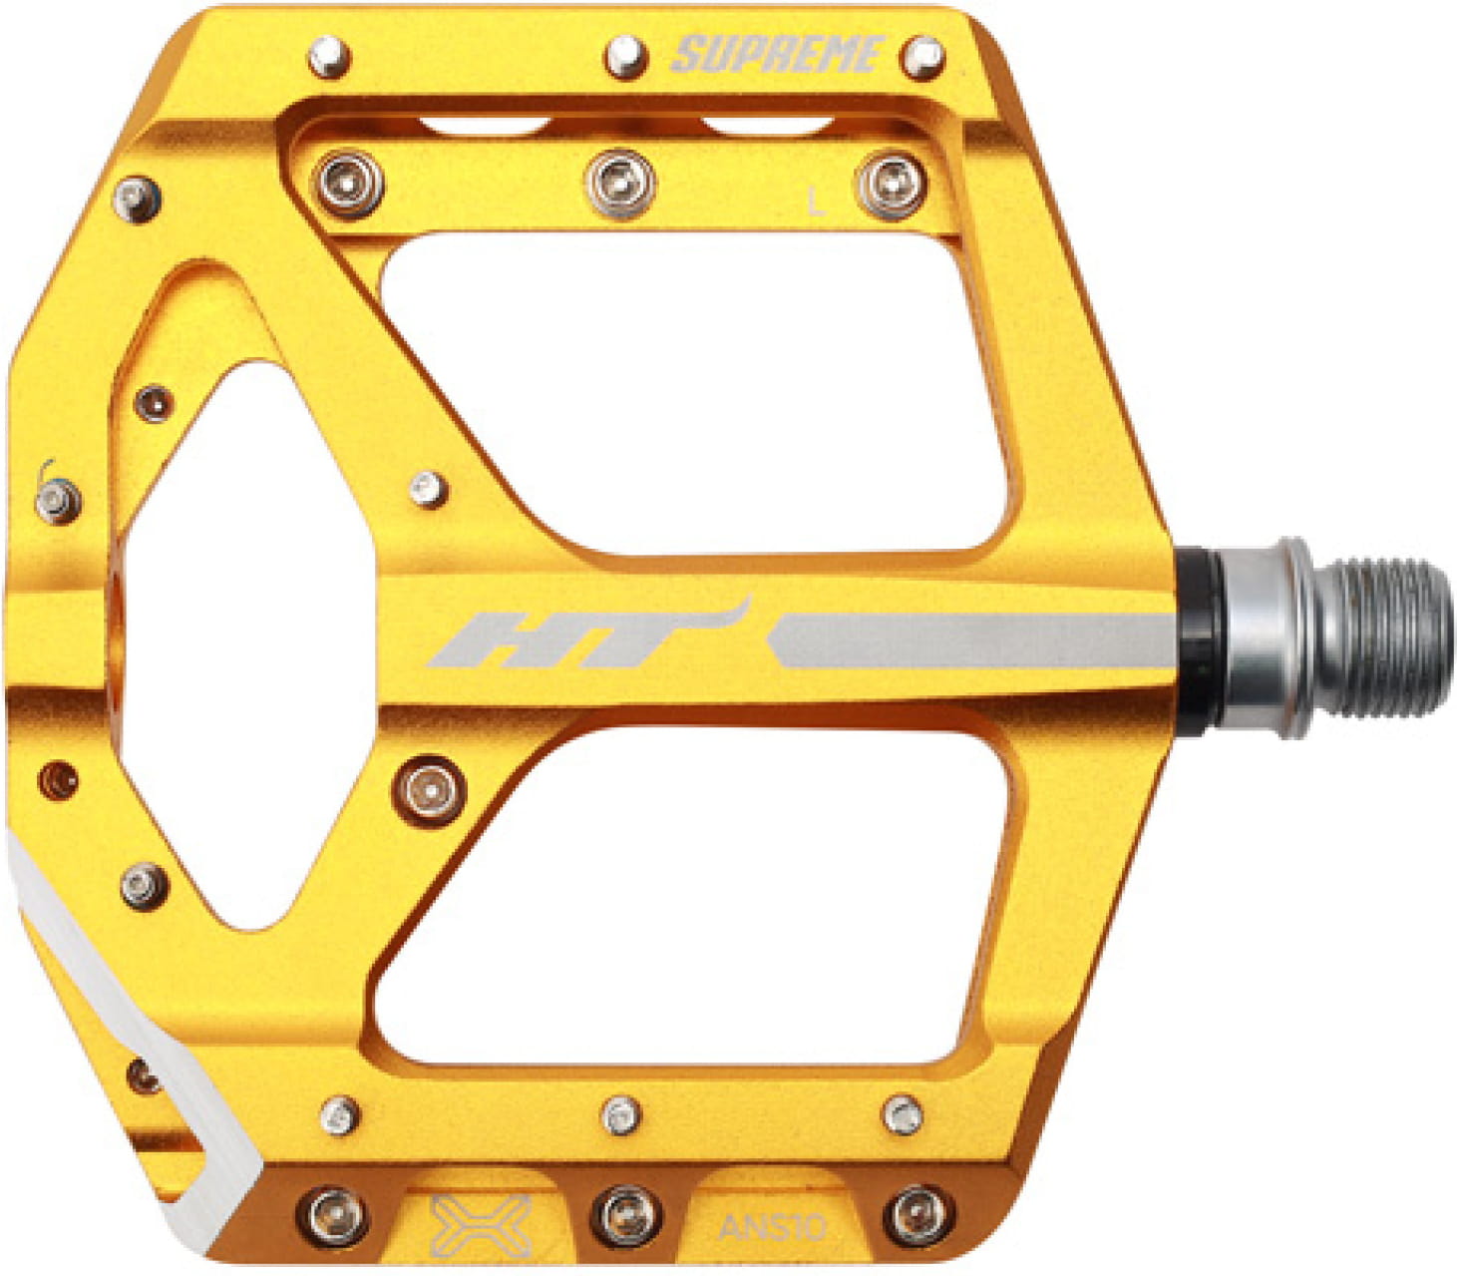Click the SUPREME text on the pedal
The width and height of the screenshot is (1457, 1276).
778,55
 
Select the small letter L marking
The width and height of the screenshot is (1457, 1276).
817,205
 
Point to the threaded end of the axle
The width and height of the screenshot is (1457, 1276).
1391,638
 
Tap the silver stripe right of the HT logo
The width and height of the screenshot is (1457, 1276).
972,640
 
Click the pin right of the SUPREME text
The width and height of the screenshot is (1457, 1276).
922,57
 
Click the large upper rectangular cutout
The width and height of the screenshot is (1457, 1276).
688,389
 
